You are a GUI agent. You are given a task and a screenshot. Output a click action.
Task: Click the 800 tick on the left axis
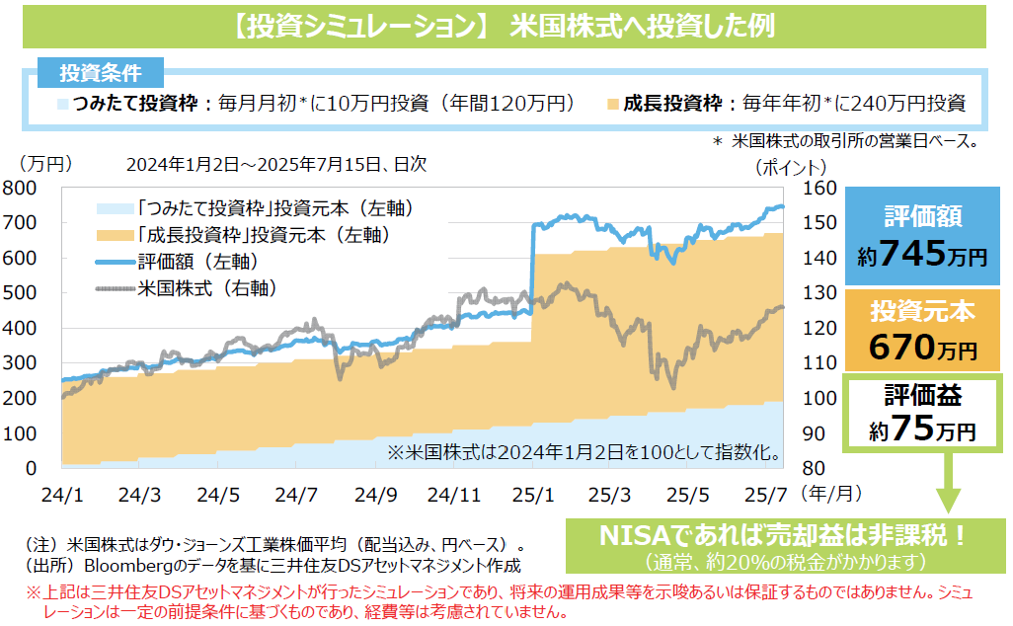pyautogui.click(x=19, y=188)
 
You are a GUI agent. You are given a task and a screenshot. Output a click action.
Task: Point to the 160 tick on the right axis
pyautogui.click(x=821, y=188)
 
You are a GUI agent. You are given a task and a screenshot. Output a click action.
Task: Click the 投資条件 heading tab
pyautogui.click(x=100, y=73)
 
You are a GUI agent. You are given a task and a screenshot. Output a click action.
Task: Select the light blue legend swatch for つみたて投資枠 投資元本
pyautogui.click(x=115, y=209)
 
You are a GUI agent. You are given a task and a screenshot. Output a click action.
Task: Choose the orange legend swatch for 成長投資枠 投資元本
pyautogui.click(x=115, y=236)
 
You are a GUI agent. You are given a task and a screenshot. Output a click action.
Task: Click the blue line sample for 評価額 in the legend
pyautogui.click(x=115, y=263)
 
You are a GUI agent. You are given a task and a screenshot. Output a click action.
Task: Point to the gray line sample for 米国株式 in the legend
pyautogui.click(x=115, y=289)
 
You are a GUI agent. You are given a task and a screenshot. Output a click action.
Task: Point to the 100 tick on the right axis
pyautogui.click(x=821, y=398)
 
